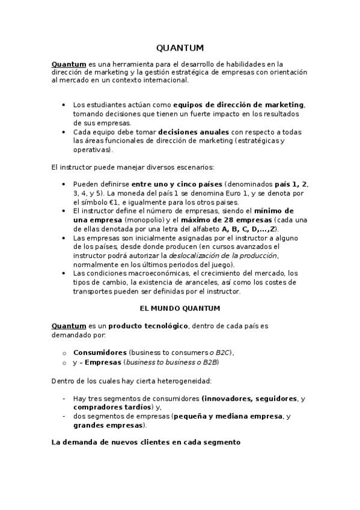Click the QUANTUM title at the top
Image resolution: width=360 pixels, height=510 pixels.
(x=180, y=48)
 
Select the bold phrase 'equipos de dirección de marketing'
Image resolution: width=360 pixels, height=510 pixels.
(x=239, y=105)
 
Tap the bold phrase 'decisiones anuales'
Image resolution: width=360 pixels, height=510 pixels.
(x=194, y=132)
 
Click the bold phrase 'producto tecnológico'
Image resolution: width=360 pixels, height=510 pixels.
(x=148, y=326)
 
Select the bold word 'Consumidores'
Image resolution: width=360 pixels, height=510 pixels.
(x=100, y=352)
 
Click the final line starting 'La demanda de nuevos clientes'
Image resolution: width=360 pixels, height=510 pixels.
(x=146, y=442)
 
